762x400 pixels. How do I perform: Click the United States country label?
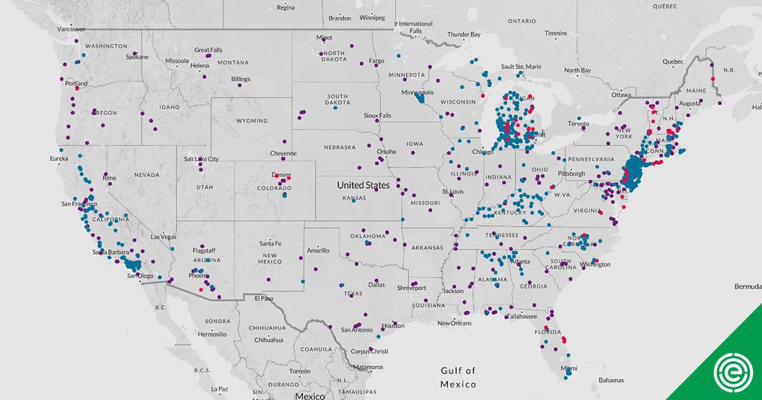[363, 185]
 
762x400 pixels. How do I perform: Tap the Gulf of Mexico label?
[458, 377]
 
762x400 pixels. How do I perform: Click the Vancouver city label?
[71, 29]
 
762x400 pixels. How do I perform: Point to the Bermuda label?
[747, 286]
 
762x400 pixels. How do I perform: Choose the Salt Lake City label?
[201, 159]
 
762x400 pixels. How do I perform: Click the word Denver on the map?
[281, 175]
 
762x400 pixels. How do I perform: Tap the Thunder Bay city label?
[463, 34]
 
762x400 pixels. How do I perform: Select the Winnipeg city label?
[372, 18]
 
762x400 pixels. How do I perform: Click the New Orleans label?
[455, 323]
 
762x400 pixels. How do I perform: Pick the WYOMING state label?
[252, 121]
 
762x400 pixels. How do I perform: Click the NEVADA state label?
[146, 175]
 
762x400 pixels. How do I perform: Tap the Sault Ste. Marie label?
[521, 66]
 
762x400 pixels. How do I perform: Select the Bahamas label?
[612, 380]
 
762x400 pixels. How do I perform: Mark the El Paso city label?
[264, 298]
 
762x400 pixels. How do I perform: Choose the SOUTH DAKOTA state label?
[337, 100]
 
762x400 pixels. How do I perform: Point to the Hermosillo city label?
[212, 334]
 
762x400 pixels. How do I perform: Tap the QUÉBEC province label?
[665, 6]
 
